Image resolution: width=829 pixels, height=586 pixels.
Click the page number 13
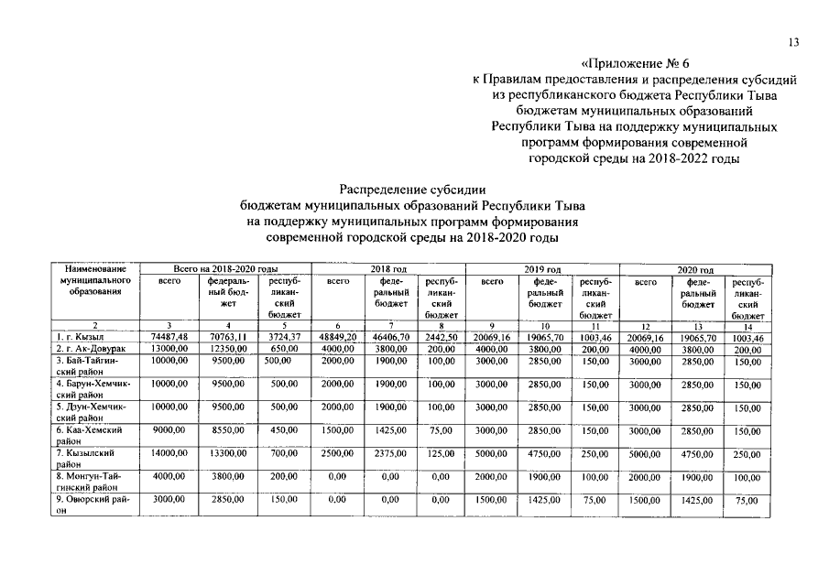click(x=793, y=41)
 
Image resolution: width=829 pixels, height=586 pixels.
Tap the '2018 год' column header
click(x=388, y=269)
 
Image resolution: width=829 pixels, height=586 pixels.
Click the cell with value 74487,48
click(x=169, y=337)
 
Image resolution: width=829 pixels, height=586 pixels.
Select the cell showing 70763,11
click(x=228, y=337)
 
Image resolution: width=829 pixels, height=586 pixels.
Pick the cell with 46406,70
click(x=391, y=337)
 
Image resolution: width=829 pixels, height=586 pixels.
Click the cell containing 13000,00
click(x=169, y=349)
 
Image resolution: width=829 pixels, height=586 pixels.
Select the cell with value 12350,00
click(x=228, y=349)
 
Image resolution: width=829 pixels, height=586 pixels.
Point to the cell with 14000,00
click(x=169, y=452)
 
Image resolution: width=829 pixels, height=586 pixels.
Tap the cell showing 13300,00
click(x=228, y=452)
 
